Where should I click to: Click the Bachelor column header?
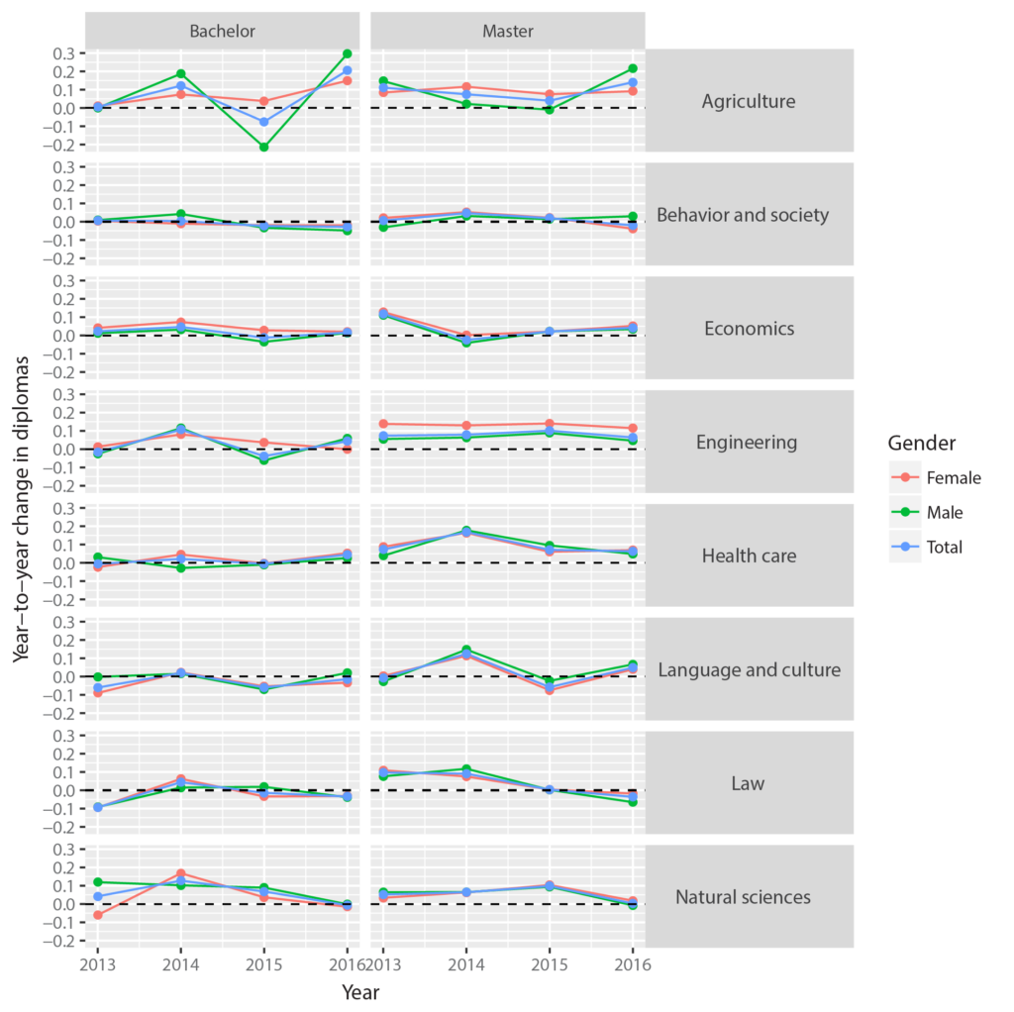[223, 31]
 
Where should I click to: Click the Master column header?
[507, 31]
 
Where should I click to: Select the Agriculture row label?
[748, 101]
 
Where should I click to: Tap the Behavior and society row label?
[743, 215]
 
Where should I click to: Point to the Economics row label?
[748, 328]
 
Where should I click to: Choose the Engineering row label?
[748, 442]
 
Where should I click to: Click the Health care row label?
[748, 556]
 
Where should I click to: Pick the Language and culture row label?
[749, 669]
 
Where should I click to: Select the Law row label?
[748, 783]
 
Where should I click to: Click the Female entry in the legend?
[954, 478]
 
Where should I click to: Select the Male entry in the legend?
[945, 512]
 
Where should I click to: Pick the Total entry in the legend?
[945, 547]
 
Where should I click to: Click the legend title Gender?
[921, 442]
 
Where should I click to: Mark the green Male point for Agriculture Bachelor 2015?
[264, 147]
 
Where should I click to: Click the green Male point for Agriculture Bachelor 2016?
[348, 53]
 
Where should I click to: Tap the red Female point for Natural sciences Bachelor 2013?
[97, 915]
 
